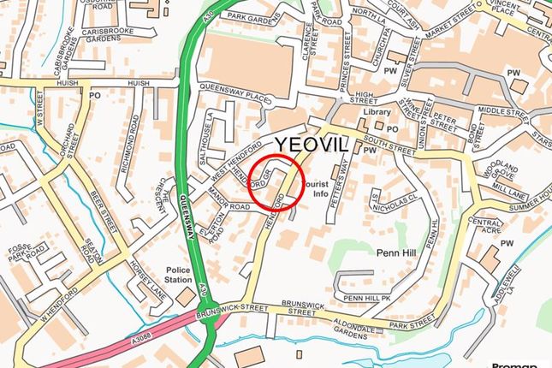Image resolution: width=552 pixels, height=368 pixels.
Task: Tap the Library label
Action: [377, 112]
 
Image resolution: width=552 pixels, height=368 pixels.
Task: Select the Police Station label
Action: [179, 275]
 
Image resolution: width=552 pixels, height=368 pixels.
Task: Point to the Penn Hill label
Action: [395, 253]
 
